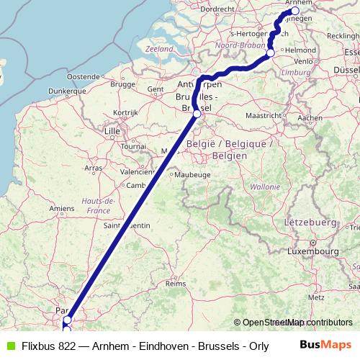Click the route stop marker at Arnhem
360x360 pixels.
pyautogui.click(x=294, y=11)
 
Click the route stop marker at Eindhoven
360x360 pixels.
pyautogui.click(x=271, y=53)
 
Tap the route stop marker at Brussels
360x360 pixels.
pyautogui.click(x=197, y=113)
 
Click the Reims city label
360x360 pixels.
pyautogui.click(x=176, y=284)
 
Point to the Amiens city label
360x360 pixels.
pyautogui.click(x=62, y=208)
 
